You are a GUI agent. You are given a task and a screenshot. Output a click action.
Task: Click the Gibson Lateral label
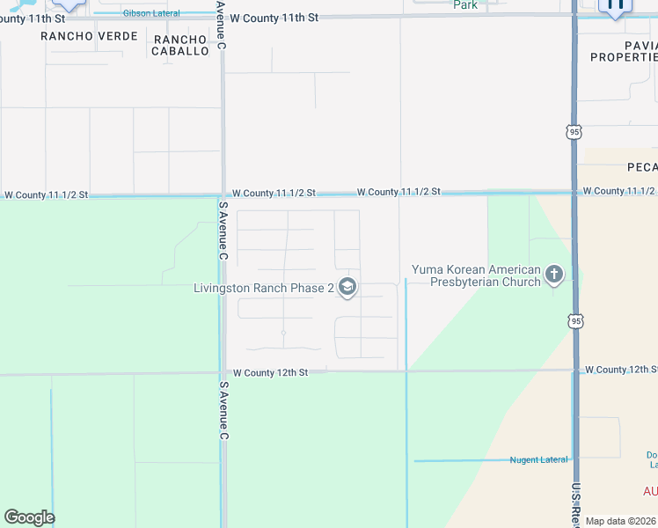(x=151, y=14)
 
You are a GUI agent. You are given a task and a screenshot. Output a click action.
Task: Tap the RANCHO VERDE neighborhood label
(x=89, y=36)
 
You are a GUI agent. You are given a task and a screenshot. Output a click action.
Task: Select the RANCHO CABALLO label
(x=181, y=45)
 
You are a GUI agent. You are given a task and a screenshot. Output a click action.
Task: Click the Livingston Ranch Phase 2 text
(x=263, y=288)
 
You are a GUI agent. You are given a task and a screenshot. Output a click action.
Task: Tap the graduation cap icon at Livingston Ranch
(x=347, y=287)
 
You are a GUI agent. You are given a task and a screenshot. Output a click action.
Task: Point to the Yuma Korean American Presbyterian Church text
(x=476, y=275)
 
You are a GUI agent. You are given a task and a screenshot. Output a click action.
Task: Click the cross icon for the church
(x=554, y=275)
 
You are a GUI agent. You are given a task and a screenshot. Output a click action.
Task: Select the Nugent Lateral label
(x=538, y=460)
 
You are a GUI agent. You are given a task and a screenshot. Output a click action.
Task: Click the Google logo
(x=29, y=517)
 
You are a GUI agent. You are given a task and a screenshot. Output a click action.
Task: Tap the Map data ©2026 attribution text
(x=620, y=521)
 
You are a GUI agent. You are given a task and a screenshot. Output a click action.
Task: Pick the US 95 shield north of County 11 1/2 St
(x=574, y=131)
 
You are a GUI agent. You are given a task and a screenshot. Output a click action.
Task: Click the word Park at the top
(x=465, y=5)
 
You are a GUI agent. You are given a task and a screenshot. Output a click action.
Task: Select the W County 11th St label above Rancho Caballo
(x=269, y=18)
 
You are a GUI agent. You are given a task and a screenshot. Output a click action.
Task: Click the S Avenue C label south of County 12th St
(x=223, y=410)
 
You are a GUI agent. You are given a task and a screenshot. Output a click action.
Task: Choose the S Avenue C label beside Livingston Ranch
(x=223, y=231)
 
